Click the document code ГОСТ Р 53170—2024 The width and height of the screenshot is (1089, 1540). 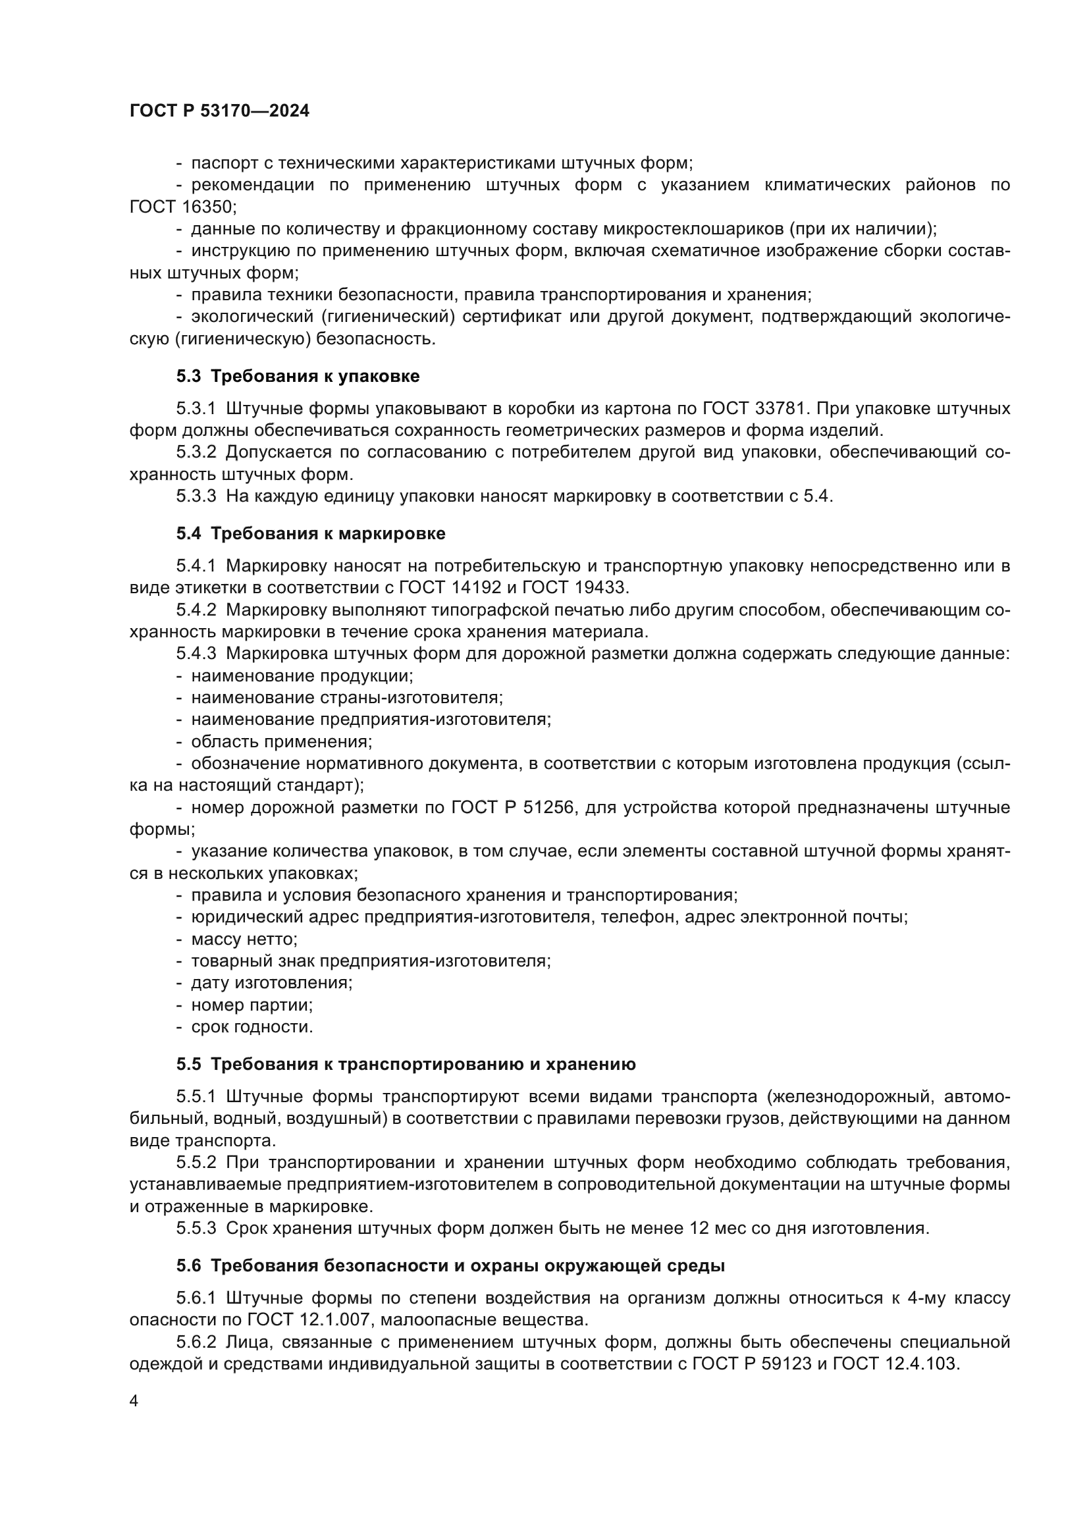coord(219,111)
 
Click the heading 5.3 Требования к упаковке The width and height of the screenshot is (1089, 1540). coord(298,377)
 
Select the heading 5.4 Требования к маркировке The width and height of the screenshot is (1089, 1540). coord(311,534)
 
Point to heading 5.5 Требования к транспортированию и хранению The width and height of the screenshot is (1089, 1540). coord(406,1065)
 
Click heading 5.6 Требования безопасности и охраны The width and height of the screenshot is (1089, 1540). coord(450,1265)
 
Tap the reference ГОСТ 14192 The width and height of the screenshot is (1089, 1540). coord(450,588)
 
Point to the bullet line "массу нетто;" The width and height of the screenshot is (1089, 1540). coord(244,940)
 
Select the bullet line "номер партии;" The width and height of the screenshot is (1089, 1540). coord(252,1005)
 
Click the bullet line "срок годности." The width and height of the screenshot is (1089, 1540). coord(252,1027)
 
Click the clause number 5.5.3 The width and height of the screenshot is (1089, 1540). coord(196,1228)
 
